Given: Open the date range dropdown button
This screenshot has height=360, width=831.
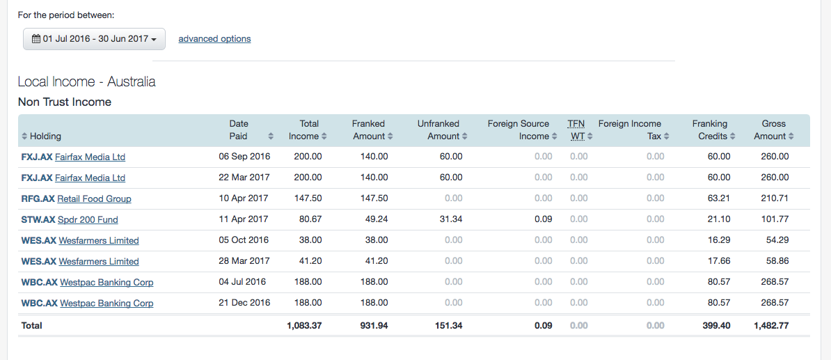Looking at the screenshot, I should click(94, 39).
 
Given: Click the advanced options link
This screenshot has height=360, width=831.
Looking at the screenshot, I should click(214, 39).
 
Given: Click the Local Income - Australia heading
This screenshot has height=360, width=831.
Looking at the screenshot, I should click(86, 81).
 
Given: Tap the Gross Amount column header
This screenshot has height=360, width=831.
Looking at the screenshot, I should click(773, 130).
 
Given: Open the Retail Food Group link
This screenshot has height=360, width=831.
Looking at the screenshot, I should click(94, 199).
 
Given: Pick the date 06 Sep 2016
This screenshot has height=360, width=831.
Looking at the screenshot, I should click(244, 157).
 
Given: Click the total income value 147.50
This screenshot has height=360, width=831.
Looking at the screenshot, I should click(308, 198).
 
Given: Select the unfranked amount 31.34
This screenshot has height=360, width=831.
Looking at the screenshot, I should click(451, 219).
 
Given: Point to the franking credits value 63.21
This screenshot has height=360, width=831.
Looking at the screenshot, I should click(719, 198).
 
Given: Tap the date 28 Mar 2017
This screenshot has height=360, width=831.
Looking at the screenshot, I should click(244, 261).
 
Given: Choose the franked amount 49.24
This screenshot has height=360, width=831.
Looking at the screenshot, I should click(374, 219).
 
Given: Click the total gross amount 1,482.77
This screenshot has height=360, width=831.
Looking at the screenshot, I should click(771, 325).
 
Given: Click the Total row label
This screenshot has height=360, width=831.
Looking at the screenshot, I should click(32, 325).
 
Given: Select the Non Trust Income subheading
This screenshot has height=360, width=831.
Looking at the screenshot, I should click(65, 102).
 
